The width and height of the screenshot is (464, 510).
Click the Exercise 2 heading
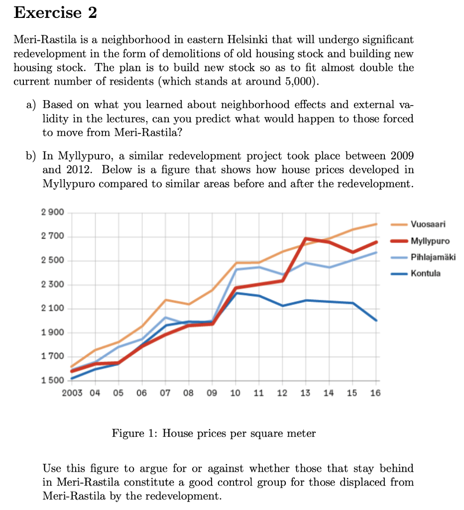pos(55,13)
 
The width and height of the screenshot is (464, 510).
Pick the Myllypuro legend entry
pos(430,241)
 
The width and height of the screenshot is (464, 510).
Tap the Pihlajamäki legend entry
pos(433,257)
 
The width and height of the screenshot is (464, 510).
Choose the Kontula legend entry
pos(426,273)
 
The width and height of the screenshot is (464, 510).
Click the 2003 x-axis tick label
pos(73,393)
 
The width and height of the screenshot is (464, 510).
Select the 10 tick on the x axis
pos(235,393)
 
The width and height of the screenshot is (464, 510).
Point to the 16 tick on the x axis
pos(375,393)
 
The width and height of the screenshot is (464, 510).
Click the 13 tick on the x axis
pos(305,393)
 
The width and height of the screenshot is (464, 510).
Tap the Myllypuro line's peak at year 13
pos(306,239)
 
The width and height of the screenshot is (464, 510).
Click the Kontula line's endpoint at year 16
pos(376,320)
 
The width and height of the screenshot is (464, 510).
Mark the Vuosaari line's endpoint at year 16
pos(376,224)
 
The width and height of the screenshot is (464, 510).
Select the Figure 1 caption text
pos(214,433)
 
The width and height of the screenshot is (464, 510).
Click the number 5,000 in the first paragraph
pos(300,82)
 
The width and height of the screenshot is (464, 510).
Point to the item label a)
pos(32,105)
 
